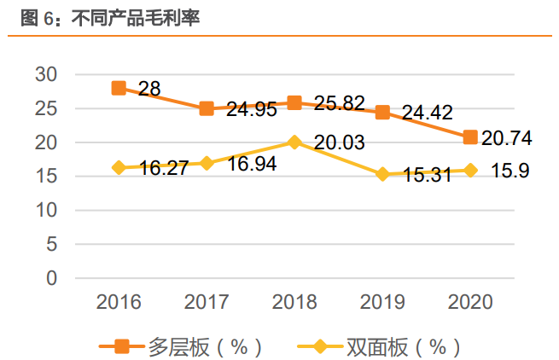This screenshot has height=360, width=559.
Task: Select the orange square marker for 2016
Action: pos(119,88)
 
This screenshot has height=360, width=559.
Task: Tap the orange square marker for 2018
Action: pos(294,102)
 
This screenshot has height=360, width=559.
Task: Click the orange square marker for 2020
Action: pos(470,136)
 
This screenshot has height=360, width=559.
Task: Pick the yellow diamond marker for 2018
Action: pos(294,142)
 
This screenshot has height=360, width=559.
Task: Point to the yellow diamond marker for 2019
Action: pos(382,174)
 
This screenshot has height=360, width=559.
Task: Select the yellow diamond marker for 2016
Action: pos(119,167)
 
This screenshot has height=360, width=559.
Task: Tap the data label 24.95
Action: pos(252,110)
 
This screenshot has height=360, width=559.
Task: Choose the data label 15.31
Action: pos(428,176)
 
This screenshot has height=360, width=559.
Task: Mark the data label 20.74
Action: pos(515,138)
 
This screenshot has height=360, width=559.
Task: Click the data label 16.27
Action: pos(164,169)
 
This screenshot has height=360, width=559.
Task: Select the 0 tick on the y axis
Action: pos(51,278)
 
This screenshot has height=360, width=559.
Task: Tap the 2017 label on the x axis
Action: pos(207,302)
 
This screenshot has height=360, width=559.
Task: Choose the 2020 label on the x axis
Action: pos(470,302)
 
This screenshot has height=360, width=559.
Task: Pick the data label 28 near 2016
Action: pos(148,90)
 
